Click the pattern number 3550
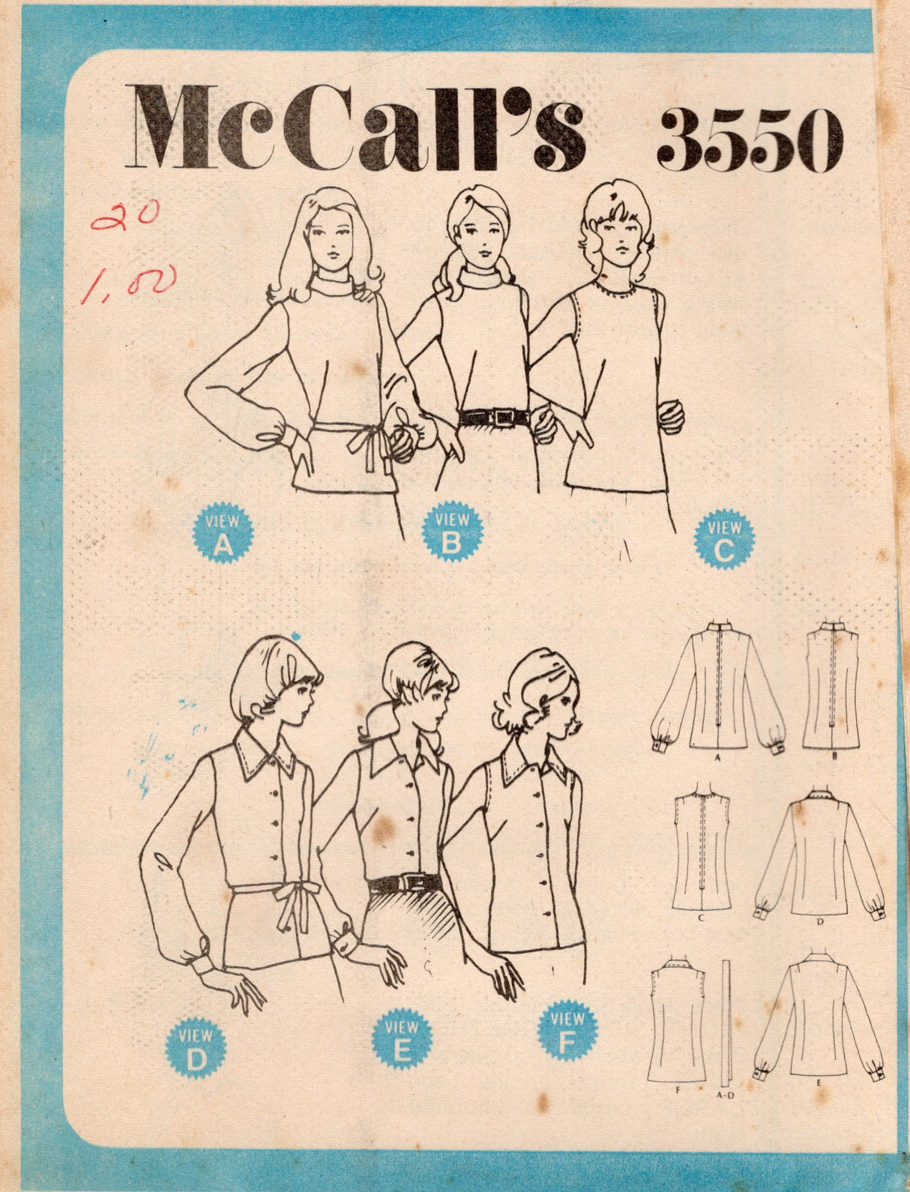pos(750,139)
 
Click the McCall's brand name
pos(356,127)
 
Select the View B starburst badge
pos(452,531)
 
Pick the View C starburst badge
pos(724,538)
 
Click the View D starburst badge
pos(196,1047)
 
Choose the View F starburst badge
pos(567,1030)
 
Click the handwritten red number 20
pos(124,217)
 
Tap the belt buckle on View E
pos(409,882)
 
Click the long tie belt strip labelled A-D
pos(725,1020)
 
